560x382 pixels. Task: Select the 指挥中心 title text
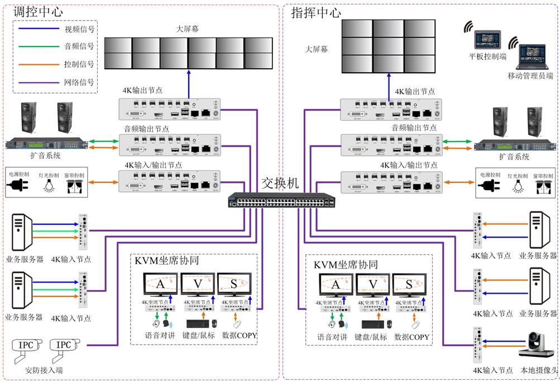[316, 12]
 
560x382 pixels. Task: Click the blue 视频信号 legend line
[39, 29]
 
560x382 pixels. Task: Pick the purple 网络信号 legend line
[39, 83]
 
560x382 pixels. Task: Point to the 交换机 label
[280, 183]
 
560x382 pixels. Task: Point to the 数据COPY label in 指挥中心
[411, 337]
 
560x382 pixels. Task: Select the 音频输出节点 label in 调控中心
[146, 129]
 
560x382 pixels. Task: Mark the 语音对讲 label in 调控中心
[161, 337]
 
